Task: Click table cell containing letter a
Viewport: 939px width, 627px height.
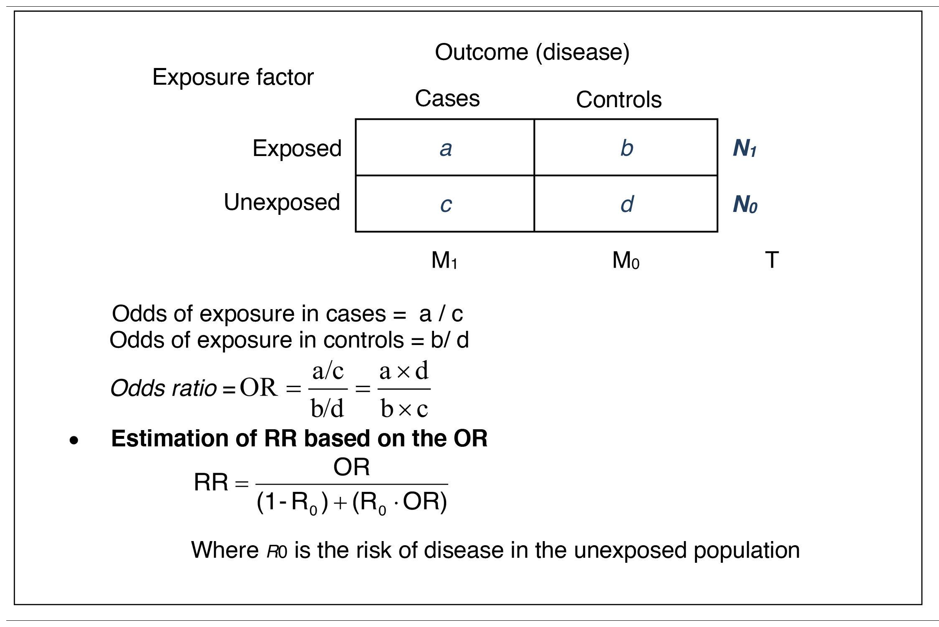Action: click(x=445, y=148)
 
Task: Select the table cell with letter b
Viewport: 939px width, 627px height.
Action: click(x=626, y=148)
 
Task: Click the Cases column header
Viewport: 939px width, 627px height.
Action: click(x=447, y=98)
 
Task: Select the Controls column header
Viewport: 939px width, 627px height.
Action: click(x=618, y=100)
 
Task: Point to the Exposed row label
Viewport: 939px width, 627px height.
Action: click(x=297, y=149)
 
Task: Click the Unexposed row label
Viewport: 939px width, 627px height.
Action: click(x=282, y=202)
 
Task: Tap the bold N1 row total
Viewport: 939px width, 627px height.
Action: click(x=745, y=149)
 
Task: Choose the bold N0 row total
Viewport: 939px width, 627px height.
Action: click(x=745, y=205)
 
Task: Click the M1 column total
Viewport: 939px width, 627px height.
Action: click(x=444, y=260)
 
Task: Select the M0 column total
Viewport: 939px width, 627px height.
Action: click(x=625, y=260)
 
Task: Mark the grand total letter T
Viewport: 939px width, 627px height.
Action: click(x=772, y=260)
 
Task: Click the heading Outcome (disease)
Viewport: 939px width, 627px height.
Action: click(x=532, y=53)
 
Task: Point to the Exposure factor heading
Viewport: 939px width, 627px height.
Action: click(x=233, y=77)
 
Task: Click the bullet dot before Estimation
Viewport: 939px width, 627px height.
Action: click(x=74, y=441)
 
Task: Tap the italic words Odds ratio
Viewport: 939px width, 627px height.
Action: click(x=163, y=388)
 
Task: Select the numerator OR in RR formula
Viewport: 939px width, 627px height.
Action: click(x=351, y=467)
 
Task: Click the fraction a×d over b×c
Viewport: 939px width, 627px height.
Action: click(x=404, y=389)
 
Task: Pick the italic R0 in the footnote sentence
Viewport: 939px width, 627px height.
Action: click(x=277, y=551)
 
